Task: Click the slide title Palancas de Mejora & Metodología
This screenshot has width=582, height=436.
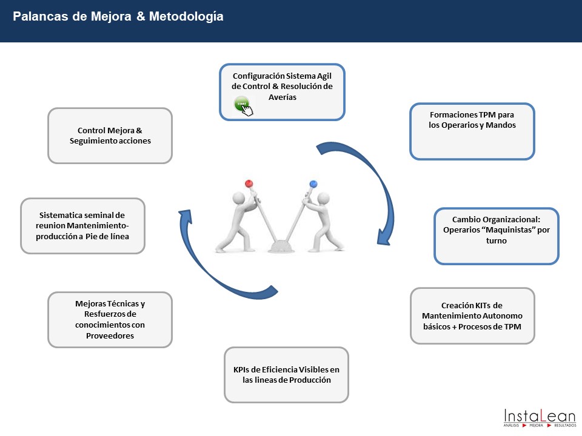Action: tap(118, 17)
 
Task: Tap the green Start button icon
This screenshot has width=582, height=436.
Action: tap(241, 104)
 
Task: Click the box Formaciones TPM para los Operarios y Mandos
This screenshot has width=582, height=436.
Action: tap(472, 131)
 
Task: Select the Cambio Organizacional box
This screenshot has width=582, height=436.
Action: tap(497, 236)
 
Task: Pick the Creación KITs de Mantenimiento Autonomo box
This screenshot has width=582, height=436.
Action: tap(472, 315)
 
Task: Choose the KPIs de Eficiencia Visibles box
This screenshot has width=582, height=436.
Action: tap(286, 375)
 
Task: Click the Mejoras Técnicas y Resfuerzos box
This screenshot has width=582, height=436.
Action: tap(110, 320)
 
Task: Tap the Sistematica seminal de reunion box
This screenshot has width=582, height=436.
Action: tap(83, 226)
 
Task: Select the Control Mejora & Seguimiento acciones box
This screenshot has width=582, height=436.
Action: tap(110, 136)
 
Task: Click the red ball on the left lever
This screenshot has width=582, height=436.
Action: tap(249, 183)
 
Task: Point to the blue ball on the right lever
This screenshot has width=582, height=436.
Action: tap(313, 183)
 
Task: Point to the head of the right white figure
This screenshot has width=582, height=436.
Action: tap(323, 198)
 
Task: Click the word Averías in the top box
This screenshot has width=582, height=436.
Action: tap(282, 97)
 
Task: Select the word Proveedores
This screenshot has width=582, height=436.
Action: tap(110, 335)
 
